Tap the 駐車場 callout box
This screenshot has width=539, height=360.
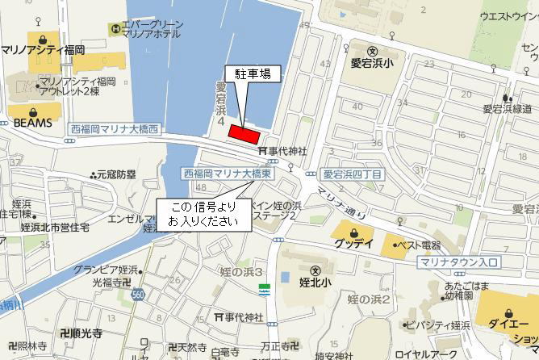[253, 73]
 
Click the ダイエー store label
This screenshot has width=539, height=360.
[509, 325]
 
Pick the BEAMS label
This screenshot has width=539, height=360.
[32, 122]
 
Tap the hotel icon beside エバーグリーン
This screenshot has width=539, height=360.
[116, 30]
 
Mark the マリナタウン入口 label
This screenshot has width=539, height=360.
[459, 263]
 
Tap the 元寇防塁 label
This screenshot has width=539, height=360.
[115, 174]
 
